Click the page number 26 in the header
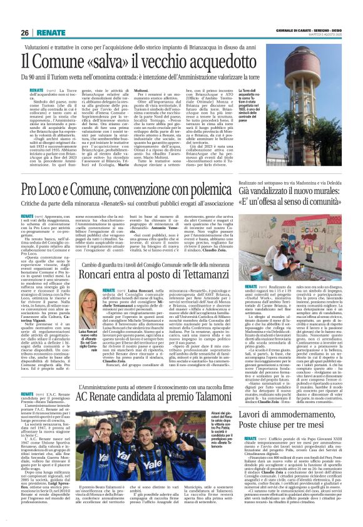click(x=26, y=32)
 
